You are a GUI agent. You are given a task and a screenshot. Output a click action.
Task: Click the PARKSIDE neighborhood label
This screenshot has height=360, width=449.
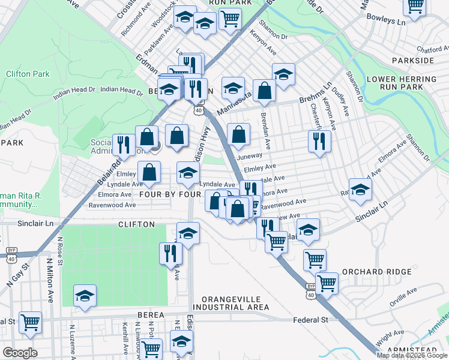[x=412, y=61]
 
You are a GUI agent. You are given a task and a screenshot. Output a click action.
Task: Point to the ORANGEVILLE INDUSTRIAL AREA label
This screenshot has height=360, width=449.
[x=231, y=303]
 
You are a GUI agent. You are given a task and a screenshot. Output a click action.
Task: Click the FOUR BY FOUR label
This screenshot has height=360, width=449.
[x=170, y=194]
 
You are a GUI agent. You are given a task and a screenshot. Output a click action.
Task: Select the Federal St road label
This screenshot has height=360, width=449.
[x=310, y=320]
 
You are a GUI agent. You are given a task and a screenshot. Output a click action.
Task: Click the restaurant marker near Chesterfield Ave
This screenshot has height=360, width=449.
[x=319, y=141]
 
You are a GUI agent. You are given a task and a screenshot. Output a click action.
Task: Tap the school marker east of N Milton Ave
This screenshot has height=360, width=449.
[x=85, y=295]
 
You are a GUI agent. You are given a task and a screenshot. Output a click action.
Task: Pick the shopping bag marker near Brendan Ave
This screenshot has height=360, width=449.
[x=264, y=91]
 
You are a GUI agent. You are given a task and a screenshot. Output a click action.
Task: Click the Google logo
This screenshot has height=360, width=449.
[x=20, y=353]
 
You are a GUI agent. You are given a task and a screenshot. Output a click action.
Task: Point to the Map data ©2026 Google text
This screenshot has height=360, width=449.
[x=411, y=355]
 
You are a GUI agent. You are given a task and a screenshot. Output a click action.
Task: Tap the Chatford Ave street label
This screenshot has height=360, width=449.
[x=433, y=50]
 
